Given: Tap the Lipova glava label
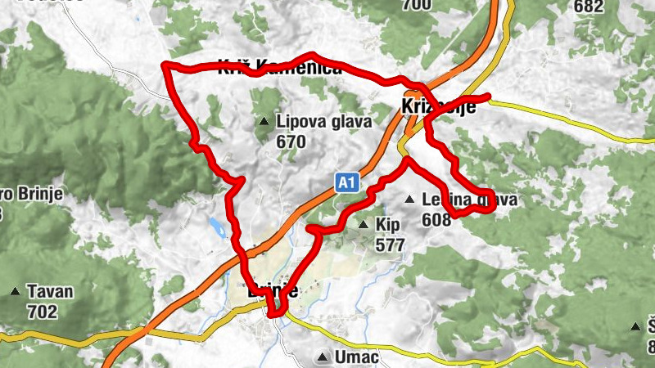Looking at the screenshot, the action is (x=324, y=122).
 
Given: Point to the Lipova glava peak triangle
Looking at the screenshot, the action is (x=264, y=122).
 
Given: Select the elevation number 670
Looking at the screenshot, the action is (x=291, y=141).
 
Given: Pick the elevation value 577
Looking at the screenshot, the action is (x=390, y=244).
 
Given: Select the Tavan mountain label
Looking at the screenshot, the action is (x=50, y=291).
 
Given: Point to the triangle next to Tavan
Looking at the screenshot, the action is (x=15, y=291).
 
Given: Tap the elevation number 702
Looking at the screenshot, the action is (x=42, y=311).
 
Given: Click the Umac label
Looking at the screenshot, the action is (x=356, y=357).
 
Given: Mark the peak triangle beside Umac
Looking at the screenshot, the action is (x=323, y=357).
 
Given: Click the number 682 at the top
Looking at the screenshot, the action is (x=589, y=7).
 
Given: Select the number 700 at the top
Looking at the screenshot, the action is (x=417, y=5).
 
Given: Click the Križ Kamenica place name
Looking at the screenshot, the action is (x=280, y=69).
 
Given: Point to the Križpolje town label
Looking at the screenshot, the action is (x=438, y=107).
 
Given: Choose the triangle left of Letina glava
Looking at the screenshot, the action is (x=409, y=199).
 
